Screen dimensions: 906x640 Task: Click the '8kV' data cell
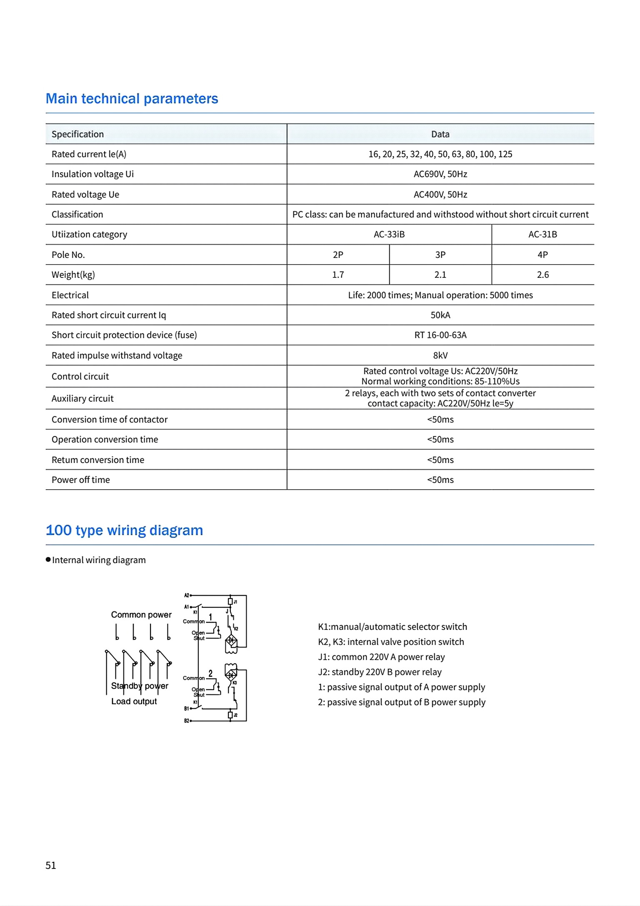click(440, 355)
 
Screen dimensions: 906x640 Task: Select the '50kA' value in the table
click(440, 315)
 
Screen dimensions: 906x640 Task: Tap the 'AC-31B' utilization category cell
click(542, 234)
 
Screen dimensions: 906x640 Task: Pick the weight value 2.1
click(440, 275)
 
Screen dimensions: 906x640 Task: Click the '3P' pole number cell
click(440, 254)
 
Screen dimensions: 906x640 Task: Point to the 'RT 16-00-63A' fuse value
click(440, 335)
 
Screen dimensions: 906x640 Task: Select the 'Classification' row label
click(77, 214)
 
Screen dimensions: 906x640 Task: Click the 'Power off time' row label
click(80, 480)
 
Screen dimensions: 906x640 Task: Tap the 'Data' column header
click(440, 134)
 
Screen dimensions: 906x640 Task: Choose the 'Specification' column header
click(77, 134)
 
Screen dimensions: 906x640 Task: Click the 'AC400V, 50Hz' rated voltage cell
click(440, 194)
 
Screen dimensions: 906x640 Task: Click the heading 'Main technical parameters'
click(132, 99)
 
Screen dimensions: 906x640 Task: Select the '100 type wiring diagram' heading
click(124, 530)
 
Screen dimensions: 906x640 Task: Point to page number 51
click(50, 866)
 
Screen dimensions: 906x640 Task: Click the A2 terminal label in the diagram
click(187, 595)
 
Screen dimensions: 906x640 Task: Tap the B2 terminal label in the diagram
click(187, 721)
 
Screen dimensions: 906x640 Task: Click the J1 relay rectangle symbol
click(230, 601)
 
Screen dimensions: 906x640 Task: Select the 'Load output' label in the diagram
click(134, 702)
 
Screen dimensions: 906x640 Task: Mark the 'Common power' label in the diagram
click(141, 615)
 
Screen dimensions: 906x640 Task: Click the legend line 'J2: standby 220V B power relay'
click(380, 672)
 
